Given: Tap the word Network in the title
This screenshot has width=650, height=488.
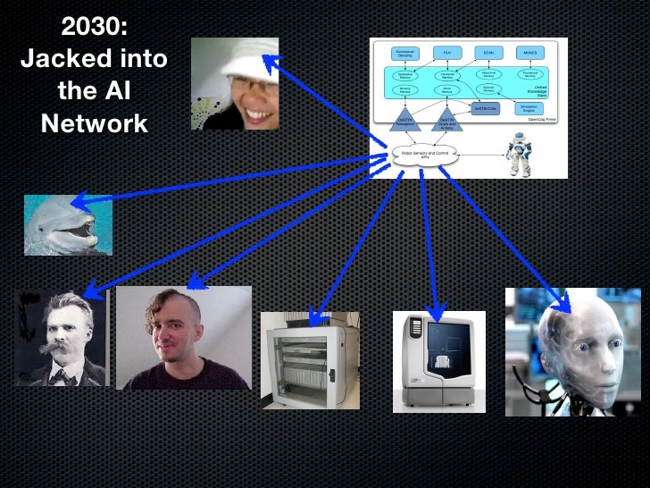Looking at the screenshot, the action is point(94,122).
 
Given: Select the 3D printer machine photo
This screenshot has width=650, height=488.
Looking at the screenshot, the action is point(438,359).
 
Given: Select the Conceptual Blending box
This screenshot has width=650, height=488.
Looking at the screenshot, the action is point(404,54).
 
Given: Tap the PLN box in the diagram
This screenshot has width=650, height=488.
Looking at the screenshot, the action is point(446,54).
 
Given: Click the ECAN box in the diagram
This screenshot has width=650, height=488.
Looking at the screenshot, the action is point(488,54).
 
